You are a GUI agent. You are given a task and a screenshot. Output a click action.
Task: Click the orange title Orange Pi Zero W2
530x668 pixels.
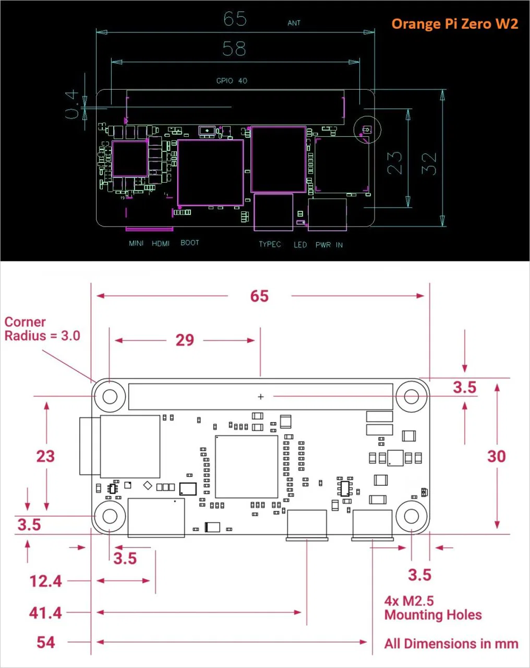click(454, 23)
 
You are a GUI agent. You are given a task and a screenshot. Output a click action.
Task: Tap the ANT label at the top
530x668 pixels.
click(294, 23)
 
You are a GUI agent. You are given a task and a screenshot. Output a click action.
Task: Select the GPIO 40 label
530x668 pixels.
click(232, 81)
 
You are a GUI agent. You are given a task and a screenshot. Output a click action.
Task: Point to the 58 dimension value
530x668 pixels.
click(234, 49)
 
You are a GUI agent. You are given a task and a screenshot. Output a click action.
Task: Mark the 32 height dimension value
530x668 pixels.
click(430, 163)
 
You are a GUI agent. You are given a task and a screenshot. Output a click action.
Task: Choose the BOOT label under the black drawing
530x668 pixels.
click(189, 243)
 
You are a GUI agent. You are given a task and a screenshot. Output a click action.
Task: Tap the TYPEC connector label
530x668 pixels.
click(270, 244)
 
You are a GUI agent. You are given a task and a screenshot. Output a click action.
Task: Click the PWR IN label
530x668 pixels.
click(329, 245)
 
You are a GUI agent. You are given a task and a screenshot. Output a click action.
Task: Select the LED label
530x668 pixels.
click(300, 245)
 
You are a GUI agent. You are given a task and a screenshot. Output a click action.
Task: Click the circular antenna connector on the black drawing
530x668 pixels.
click(367, 129)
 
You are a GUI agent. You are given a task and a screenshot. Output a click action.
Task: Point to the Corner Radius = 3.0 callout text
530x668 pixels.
click(42, 329)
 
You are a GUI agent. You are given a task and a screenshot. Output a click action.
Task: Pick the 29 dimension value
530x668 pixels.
click(185, 340)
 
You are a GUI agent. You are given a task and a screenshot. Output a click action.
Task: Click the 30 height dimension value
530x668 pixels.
click(496, 457)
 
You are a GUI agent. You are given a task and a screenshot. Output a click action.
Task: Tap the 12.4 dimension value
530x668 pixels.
click(45, 581)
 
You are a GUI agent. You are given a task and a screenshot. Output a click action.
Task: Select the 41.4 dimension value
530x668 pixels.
click(45, 612)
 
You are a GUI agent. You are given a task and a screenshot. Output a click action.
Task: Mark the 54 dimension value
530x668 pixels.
click(45, 642)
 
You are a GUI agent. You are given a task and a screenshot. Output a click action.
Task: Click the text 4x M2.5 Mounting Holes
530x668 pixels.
click(432, 608)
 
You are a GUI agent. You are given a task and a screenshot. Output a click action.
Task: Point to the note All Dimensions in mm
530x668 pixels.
click(451, 643)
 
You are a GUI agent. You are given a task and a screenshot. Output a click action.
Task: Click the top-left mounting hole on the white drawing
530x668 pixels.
click(110, 396)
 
